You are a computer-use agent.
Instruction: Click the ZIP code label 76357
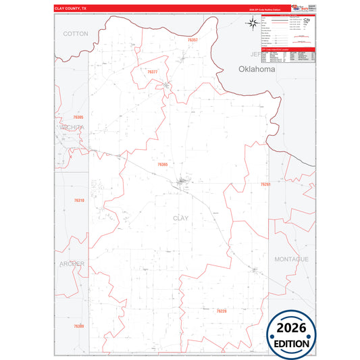click(193, 41)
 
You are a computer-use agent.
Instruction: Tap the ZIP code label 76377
click(152, 72)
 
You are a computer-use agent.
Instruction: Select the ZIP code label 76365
click(162, 164)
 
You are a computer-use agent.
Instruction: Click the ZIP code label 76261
click(265, 184)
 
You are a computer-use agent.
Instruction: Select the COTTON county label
click(76, 33)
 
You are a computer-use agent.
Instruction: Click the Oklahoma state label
click(257, 69)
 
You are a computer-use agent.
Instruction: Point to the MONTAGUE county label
click(291, 259)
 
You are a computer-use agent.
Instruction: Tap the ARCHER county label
click(72, 263)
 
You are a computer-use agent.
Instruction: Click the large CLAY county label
click(180, 218)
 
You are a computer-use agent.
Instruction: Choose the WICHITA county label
click(72, 127)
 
